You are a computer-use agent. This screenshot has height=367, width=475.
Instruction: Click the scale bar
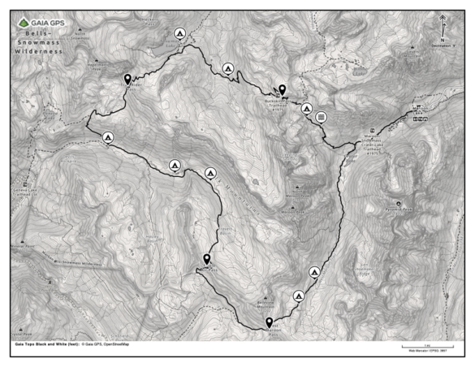click(426, 347)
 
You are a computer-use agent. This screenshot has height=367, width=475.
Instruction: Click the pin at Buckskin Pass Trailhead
click(282, 89)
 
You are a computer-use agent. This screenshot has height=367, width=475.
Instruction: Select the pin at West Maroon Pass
click(270, 322)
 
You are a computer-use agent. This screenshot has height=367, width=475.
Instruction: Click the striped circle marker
click(322, 116)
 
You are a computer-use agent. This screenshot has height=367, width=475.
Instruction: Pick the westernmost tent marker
click(107, 138)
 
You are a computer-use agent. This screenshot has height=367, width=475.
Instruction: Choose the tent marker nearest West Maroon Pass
click(299, 296)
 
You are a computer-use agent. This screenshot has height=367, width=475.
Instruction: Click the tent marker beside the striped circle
click(307, 108)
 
